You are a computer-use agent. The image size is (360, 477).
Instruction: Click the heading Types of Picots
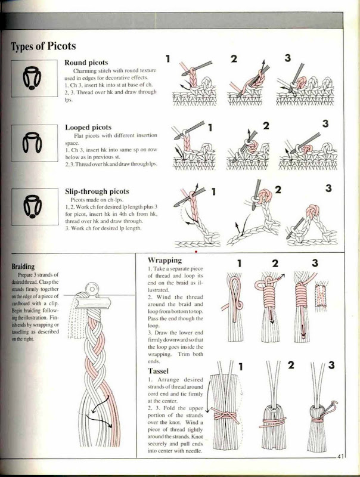coord(43,47)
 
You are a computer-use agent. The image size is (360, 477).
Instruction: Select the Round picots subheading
coord(86,63)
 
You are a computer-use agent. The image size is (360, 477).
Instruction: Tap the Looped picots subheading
coord(88,127)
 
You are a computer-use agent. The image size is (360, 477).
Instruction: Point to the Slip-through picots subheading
coord(97,191)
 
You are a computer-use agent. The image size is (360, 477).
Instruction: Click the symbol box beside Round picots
coord(35,79)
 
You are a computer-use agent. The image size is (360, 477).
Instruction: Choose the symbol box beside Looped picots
coord(35,143)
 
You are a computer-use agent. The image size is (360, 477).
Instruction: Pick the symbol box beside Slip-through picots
coord(35,207)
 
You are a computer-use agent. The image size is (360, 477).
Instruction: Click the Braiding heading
coord(23,267)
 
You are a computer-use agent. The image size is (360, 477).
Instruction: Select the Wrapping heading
coord(165,261)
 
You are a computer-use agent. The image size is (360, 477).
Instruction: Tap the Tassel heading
coord(158,371)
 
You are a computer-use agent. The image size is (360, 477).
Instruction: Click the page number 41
coord(340,456)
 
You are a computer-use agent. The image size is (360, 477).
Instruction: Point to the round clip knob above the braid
coord(92,288)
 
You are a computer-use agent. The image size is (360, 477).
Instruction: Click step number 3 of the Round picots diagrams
coord(288,58)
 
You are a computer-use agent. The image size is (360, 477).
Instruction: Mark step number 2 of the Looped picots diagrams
coord(266,126)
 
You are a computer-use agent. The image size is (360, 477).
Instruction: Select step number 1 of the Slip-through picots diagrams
coord(213,191)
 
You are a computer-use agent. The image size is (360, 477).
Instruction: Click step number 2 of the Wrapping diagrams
coord(275,263)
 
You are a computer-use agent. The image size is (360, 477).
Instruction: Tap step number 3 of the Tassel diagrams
coord(331,365)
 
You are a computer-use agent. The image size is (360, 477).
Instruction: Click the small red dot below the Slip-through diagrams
coord(196,252)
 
